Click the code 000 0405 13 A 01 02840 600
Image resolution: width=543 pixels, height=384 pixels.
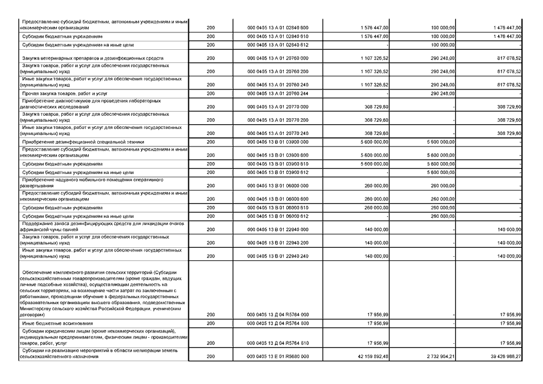click(278, 28)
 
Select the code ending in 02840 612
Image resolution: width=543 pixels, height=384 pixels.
click(278, 44)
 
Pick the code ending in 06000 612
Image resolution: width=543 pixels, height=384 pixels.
click(278, 216)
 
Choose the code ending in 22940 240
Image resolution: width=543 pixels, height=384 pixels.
click(278, 256)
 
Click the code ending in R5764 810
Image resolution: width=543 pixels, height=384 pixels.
click(278, 343)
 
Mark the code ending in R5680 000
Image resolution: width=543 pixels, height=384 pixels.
click(278, 356)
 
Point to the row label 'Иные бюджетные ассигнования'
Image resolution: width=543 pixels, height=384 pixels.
click(49, 324)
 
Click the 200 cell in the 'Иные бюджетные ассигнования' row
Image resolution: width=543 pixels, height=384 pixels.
click(210, 324)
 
